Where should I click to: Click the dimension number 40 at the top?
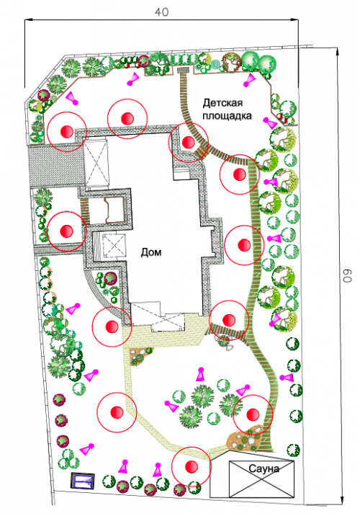162,12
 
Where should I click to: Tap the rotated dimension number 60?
347,276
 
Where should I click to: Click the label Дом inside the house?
151,252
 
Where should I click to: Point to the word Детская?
222,103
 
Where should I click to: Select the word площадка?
227,116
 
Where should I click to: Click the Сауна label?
264,468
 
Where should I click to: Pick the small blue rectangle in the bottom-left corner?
83,481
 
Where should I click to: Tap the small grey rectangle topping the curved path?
182,70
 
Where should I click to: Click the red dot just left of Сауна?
192,466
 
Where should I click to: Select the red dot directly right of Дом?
244,245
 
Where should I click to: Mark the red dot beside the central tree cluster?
253,414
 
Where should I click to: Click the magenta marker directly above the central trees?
201,375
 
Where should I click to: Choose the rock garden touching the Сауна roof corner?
245,439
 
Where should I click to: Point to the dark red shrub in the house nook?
110,278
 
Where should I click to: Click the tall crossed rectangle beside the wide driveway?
96,162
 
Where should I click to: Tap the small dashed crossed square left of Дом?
114,245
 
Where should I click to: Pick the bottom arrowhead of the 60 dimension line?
343,499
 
